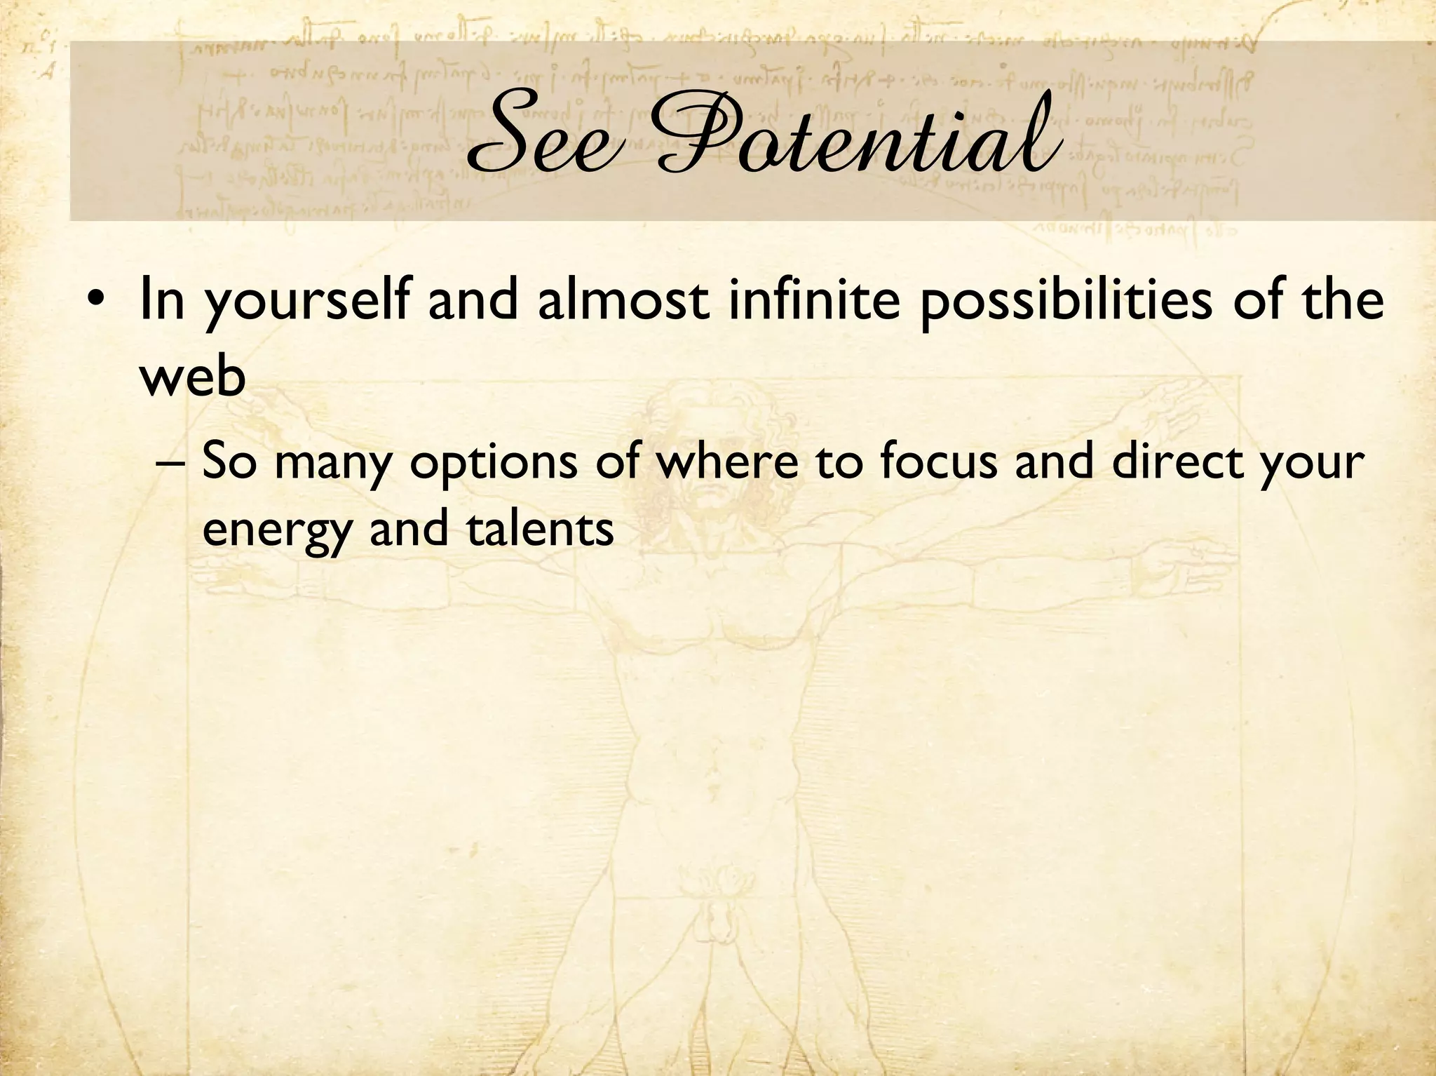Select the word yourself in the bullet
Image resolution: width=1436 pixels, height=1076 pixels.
306,302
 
